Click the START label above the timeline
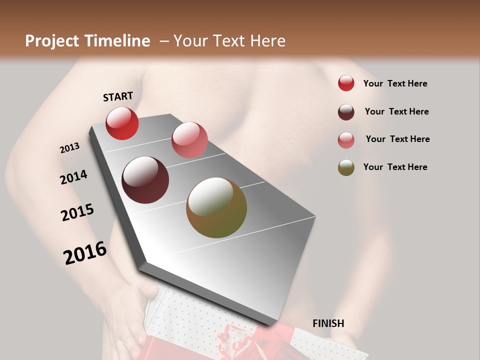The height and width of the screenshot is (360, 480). click(118, 96)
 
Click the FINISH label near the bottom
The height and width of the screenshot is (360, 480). click(328, 323)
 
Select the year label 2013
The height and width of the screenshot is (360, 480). click(69, 148)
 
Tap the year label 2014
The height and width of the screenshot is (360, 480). click(73, 177)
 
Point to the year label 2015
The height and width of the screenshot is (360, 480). click(77, 212)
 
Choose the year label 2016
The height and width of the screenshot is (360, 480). click(85, 252)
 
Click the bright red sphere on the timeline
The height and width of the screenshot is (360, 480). click(122, 123)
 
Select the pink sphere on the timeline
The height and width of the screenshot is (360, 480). click(189, 140)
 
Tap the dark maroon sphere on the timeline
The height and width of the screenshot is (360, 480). click(145, 180)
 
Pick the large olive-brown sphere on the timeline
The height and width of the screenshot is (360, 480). click(216, 207)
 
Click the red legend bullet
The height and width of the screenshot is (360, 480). click(346, 83)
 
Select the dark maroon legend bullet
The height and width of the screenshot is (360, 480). click(346, 112)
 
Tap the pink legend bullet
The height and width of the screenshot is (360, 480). click(346, 140)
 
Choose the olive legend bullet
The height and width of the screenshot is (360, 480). click(346, 167)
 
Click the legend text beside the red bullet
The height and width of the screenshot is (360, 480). click(395, 83)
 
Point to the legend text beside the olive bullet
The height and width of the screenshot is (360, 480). click(395, 167)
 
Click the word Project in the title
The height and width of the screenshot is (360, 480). click(51, 41)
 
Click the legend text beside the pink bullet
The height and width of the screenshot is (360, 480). click(397, 139)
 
